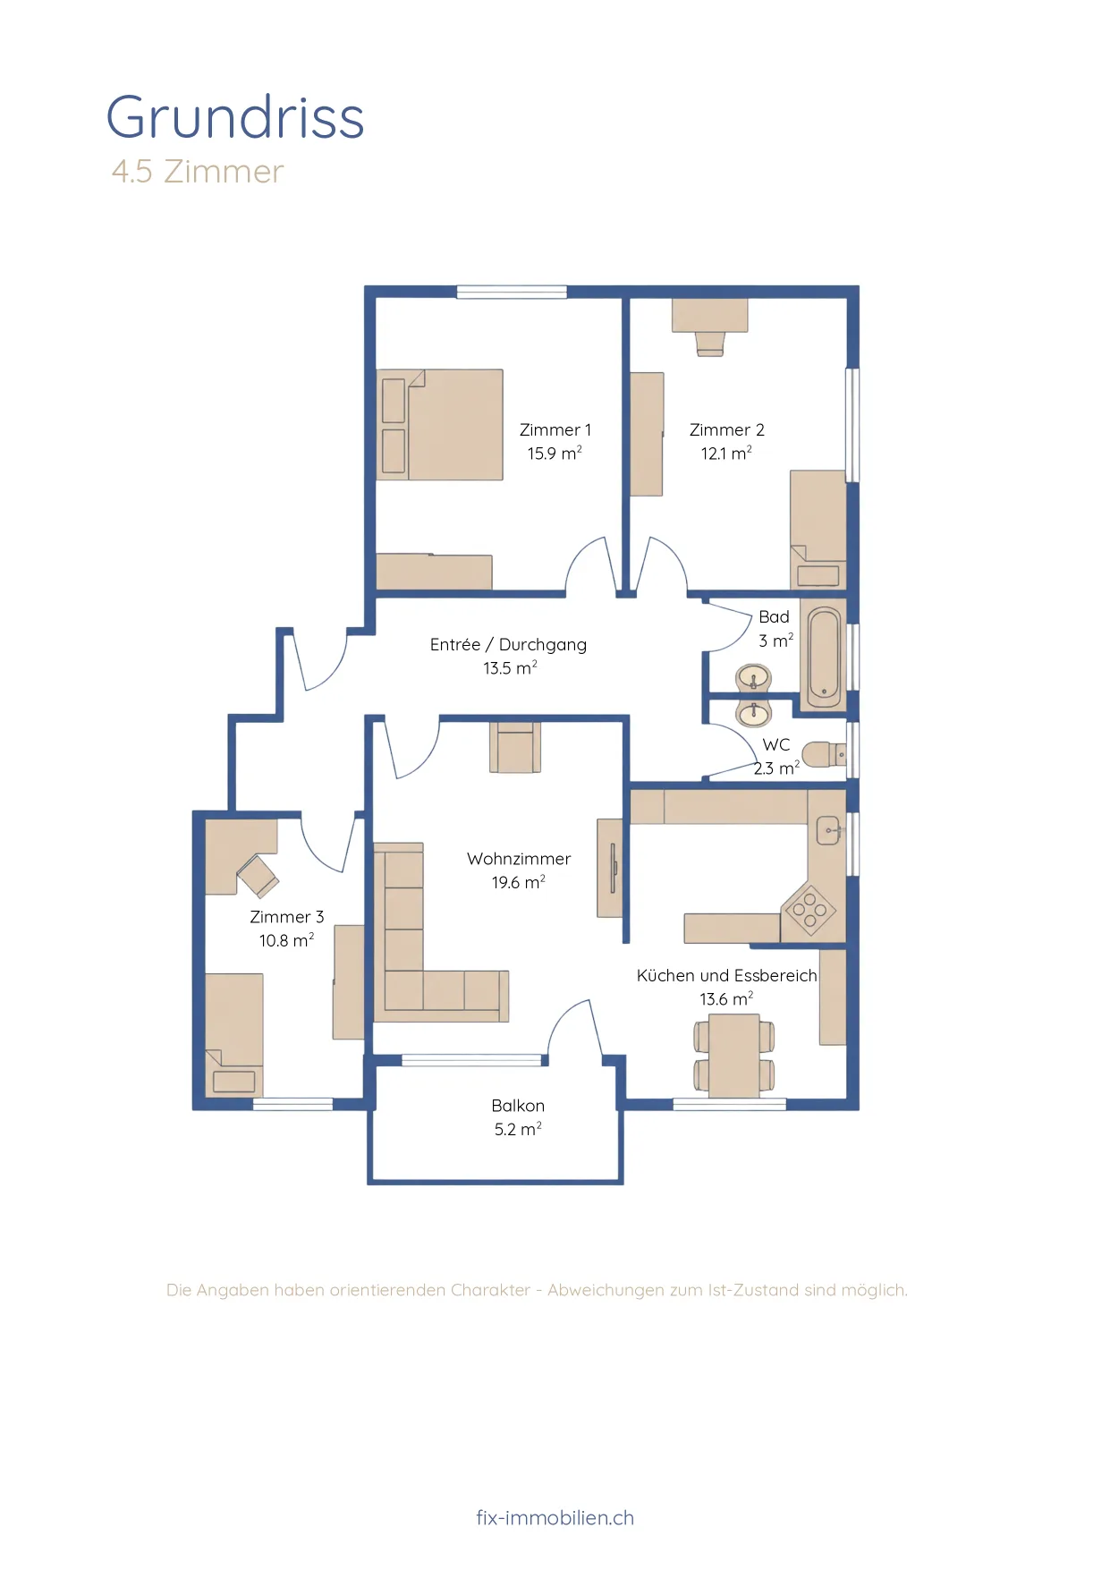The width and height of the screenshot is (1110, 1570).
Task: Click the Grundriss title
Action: [235, 117]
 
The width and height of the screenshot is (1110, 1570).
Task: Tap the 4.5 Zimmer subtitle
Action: [198, 171]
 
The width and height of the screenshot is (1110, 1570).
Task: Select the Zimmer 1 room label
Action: [555, 429]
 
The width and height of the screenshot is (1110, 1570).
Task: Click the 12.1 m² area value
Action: [726, 453]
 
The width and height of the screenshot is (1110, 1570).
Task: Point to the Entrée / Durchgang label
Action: [508, 644]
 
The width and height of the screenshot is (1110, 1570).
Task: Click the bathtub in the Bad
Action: [824, 656]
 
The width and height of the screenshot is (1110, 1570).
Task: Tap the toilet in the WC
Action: [824, 754]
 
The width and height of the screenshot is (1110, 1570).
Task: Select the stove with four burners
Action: [809, 910]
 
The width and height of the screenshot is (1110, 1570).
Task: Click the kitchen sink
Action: [828, 830]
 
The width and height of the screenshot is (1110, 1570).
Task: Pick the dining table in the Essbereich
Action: [734, 1056]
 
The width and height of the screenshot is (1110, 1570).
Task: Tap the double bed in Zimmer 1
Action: [439, 424]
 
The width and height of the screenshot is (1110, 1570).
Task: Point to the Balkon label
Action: [518, 1106]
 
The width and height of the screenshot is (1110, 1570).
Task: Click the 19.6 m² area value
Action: [518, 882]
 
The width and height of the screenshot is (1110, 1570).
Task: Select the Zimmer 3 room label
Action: [287, 917]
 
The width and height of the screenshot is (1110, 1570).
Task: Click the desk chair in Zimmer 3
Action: [258, 876]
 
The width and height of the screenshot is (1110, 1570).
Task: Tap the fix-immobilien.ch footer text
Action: [555, 1517]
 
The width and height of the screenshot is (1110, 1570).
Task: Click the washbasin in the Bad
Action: [754, 678]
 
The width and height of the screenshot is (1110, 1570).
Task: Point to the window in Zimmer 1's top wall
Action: [512, 292]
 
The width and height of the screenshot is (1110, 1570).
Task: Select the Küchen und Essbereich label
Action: [727, 975]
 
